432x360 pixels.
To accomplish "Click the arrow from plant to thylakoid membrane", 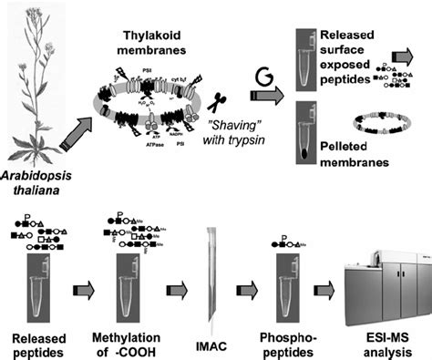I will tap(74, 136).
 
